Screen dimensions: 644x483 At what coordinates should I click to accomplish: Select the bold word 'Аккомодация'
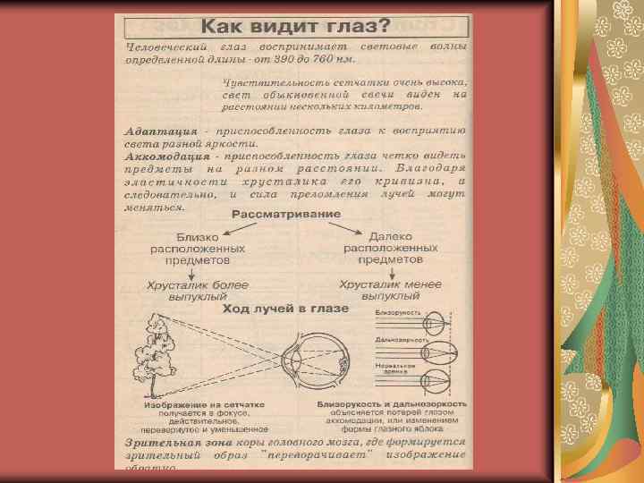click(166, 156)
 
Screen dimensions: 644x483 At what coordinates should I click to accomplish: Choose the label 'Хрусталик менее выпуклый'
click(390, 289)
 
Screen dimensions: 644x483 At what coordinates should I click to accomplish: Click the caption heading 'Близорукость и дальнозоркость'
click(393, 405)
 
